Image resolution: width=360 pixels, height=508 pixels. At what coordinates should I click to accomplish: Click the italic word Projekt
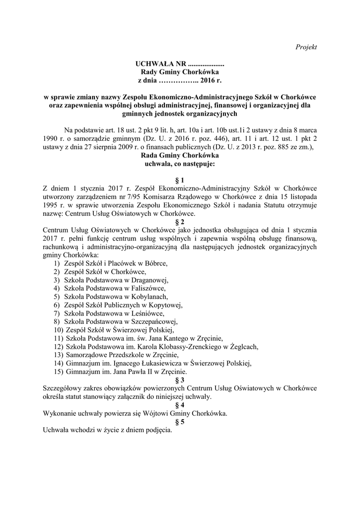tap(306, 47)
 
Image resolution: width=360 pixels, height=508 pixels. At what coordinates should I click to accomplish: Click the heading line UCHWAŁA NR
tap(180, 64)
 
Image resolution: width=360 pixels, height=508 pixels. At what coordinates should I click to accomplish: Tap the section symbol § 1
tap(180, 180)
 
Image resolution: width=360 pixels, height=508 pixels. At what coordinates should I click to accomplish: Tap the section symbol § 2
tap(180, 222)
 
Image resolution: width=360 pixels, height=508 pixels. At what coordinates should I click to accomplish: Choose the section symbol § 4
tap(180, 405)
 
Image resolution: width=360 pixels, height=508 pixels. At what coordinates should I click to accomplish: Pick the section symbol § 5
tap(180, 422)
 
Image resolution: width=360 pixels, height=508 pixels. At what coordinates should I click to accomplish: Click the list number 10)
tap(58, 329)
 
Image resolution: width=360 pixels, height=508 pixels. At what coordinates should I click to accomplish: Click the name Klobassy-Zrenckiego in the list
tap(196, 346)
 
